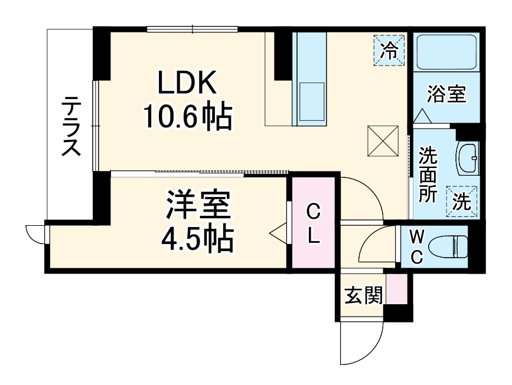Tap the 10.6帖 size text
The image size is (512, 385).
click(187, 117)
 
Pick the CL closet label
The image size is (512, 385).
click(313, 225)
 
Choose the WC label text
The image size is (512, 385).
click(417, 248)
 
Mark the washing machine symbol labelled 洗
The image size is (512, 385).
click(461, 200)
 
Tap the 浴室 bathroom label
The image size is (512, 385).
click(446, 94)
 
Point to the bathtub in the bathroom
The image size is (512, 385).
click(446, 52)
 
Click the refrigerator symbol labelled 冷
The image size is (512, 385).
click(389, 50)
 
